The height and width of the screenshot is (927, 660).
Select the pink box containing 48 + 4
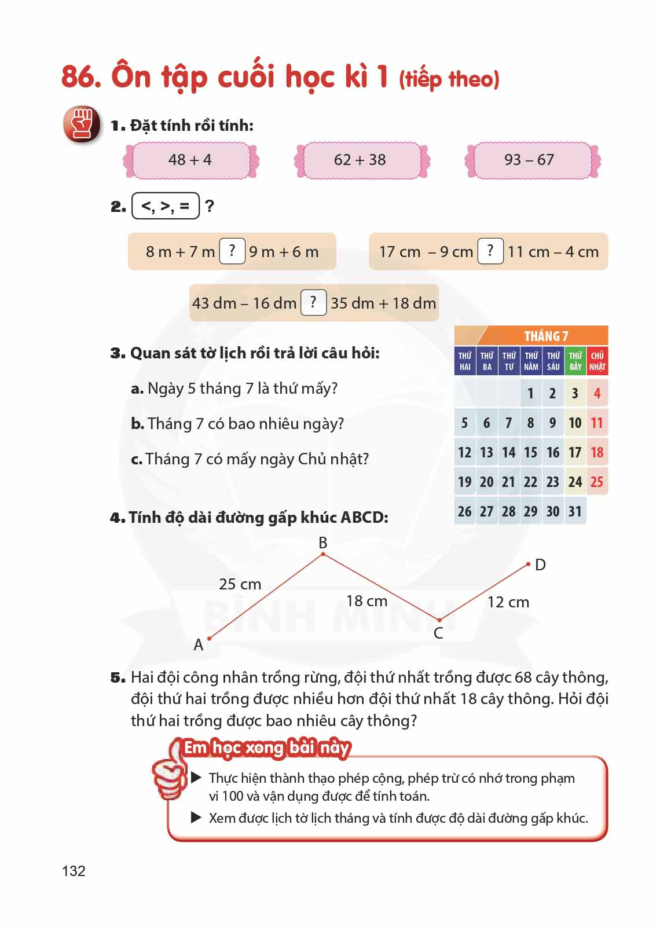190,160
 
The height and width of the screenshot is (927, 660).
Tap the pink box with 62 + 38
360,160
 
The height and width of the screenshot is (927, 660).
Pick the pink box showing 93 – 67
530,160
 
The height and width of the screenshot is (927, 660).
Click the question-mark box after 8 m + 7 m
232,251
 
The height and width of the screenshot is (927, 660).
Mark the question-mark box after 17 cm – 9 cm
490,251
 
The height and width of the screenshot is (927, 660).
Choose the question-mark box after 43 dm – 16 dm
313,302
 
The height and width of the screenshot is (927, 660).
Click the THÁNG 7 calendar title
545,336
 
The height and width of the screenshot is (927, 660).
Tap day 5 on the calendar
464,423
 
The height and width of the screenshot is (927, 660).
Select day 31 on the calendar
575,512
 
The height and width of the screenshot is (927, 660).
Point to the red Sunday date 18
597,453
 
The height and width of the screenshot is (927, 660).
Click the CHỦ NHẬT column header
597,361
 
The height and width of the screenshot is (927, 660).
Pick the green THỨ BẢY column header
575,361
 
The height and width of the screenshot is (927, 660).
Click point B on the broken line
323,554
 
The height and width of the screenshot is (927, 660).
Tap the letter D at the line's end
540,565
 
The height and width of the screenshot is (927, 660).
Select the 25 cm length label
240,584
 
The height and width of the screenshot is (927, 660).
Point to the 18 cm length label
366,601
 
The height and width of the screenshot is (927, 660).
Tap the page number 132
74,871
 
